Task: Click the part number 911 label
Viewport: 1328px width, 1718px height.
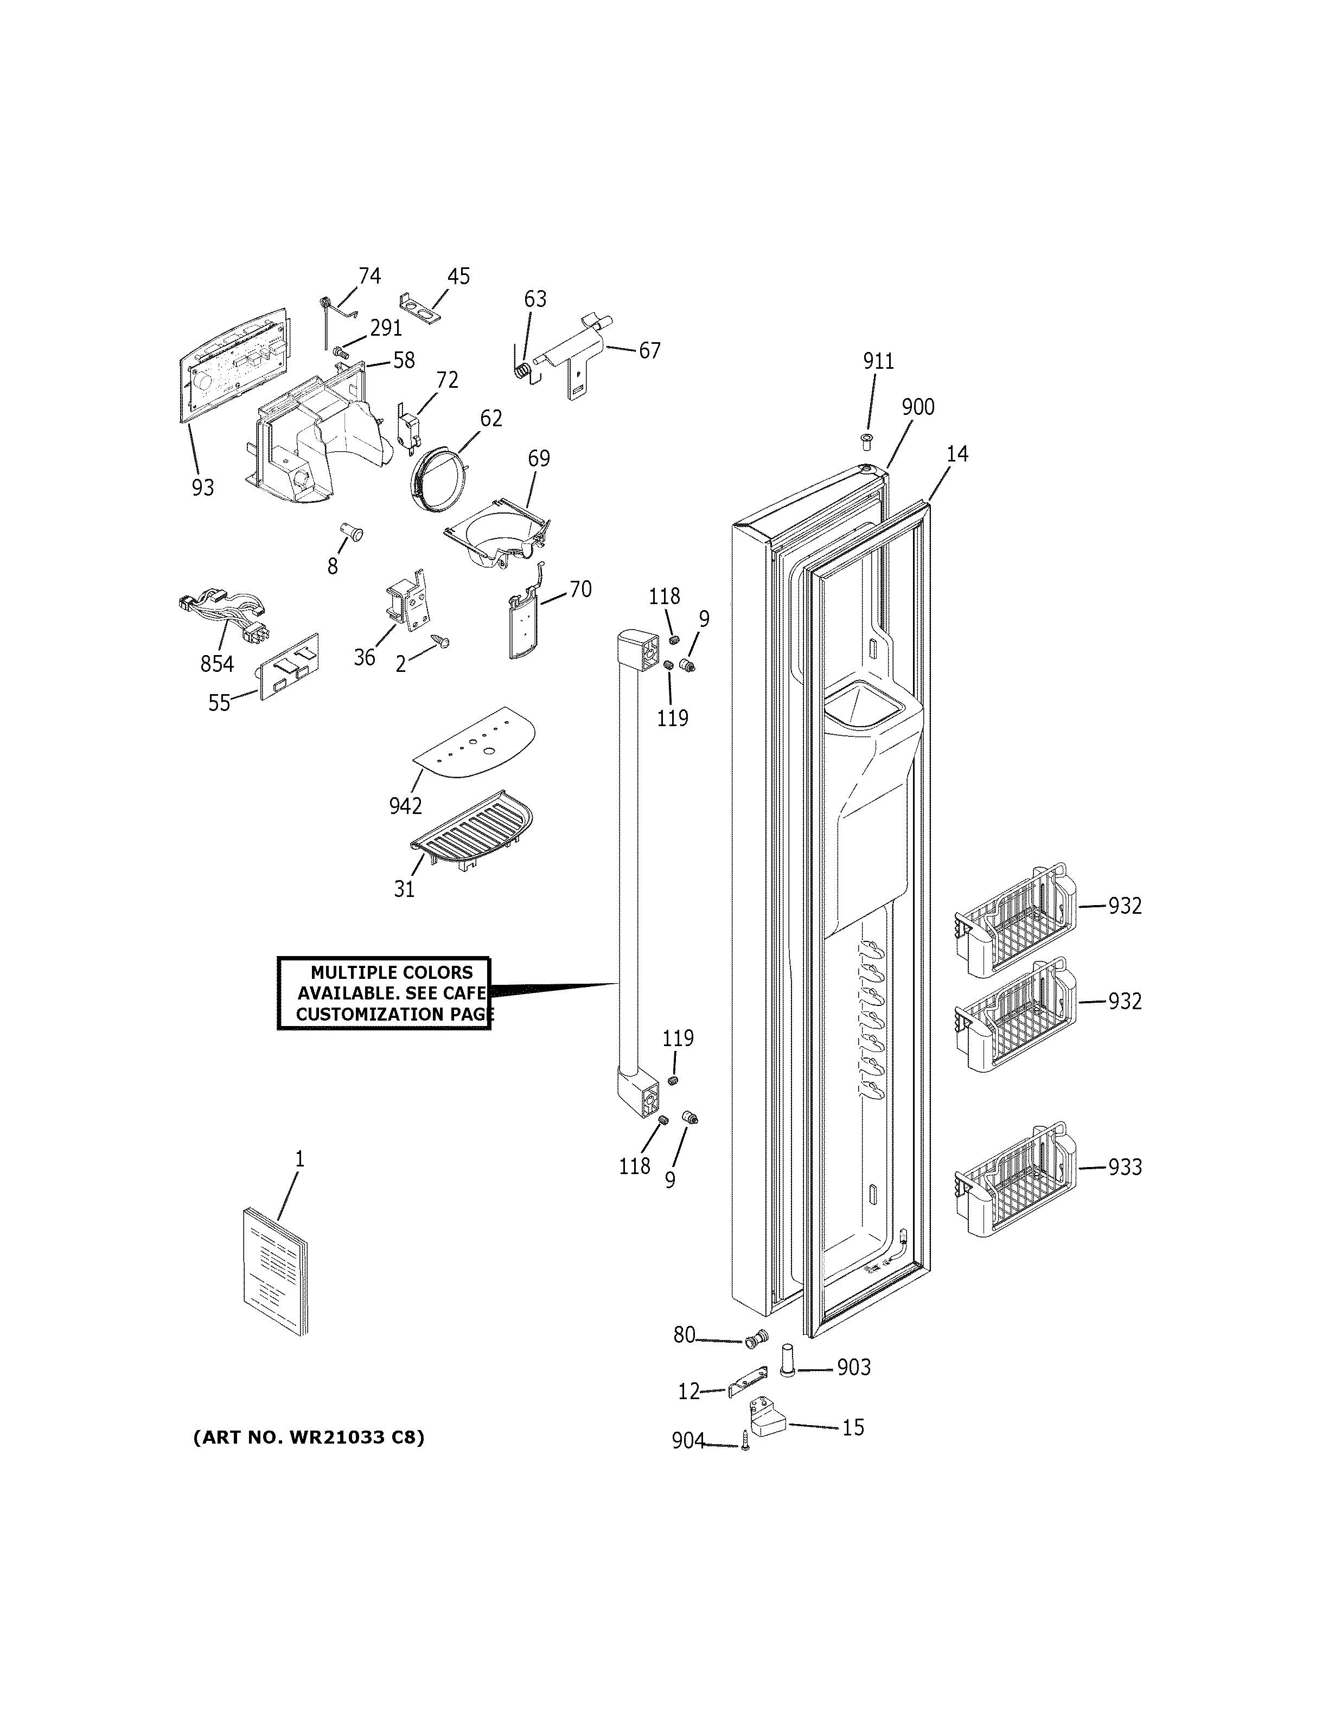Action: (x=878, y=361)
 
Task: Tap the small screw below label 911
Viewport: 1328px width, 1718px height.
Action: (x=868, y=440)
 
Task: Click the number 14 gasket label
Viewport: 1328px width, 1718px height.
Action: (x=956, y=454)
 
